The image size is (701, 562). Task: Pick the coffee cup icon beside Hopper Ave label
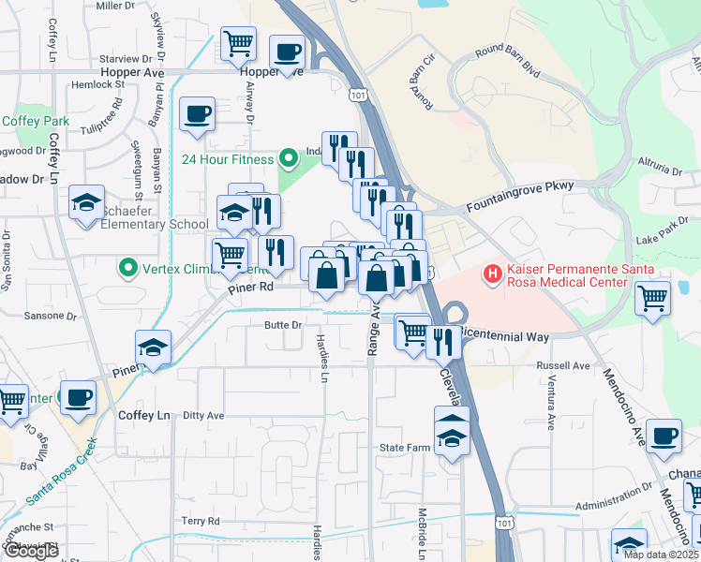point(287,51)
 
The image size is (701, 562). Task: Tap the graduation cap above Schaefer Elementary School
point(86,202)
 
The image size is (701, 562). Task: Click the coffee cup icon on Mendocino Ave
point(664,435)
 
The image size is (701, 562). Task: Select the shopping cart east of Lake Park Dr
point(652,299)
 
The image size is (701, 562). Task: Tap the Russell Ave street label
point(563,365)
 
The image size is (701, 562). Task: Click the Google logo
point(32,551)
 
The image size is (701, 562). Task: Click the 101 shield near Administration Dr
point(504,521)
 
